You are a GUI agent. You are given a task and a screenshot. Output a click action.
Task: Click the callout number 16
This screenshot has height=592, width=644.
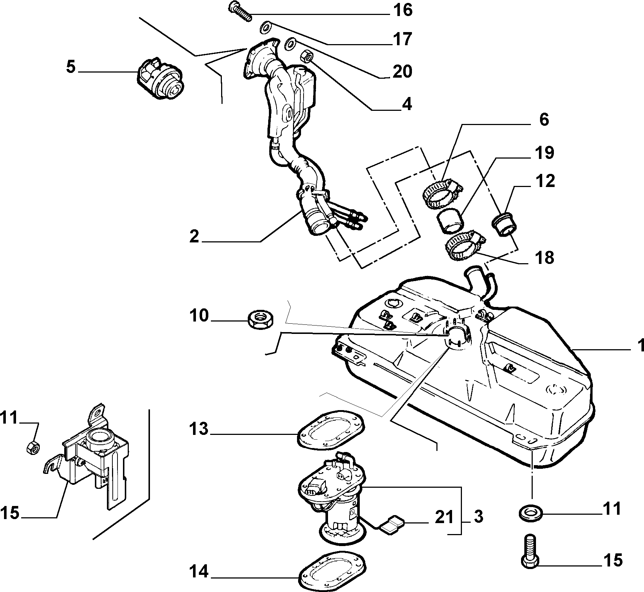coord(403,10)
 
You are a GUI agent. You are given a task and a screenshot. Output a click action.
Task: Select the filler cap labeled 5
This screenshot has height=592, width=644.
coord(161,78)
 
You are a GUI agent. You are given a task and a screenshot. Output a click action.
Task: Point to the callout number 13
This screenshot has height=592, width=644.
coord(198,429)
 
